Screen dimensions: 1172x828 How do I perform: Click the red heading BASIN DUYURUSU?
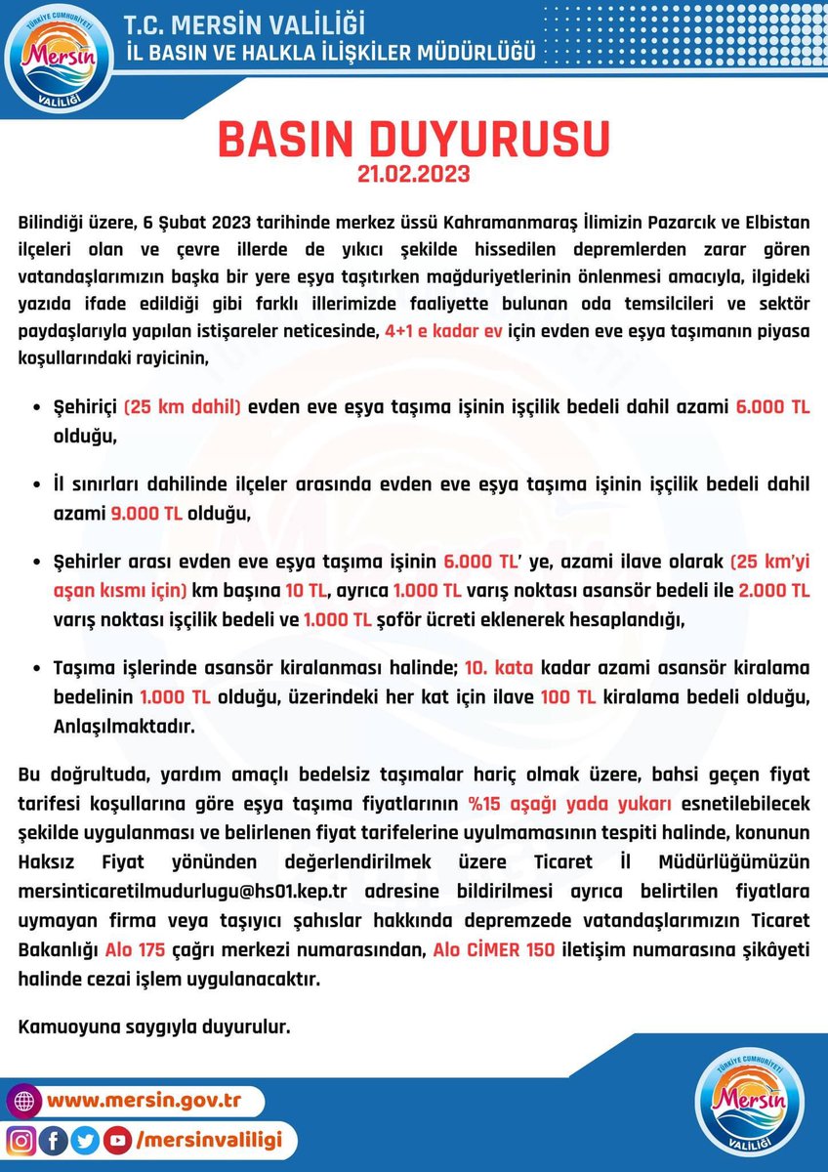(413, 140)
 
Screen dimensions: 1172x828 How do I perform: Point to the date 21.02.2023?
(413, 176)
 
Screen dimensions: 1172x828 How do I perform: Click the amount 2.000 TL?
(775, 589)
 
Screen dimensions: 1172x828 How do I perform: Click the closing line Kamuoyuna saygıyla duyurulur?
(155, 1027)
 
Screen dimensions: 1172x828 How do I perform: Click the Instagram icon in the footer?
(21, 1139)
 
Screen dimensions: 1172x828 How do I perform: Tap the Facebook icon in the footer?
(54, 1139)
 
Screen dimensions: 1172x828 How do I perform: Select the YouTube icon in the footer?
(117, 1139)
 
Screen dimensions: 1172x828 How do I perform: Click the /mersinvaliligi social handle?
(210, 1139)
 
